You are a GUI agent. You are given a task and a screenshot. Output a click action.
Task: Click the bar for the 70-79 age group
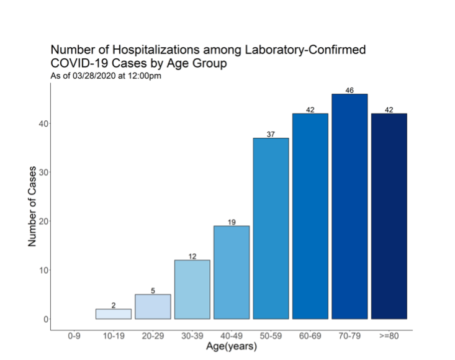click(349, 206)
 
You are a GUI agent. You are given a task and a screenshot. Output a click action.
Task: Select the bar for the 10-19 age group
click(114, 314)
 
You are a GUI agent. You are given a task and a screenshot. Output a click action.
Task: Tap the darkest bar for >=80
click(389, 216)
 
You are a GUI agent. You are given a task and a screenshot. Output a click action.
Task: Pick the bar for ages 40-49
click(232, 272)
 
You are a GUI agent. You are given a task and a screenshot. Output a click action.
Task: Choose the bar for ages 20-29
click(153, 307)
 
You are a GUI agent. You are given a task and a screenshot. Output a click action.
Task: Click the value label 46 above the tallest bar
click(349, 90)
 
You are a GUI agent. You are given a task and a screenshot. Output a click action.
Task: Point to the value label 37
click(271, 134)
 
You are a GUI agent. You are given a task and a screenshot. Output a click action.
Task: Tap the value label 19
click(232, 222)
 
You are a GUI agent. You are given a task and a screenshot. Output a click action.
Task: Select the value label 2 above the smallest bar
click(114, 305)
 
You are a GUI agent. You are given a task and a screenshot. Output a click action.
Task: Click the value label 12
click(192, 256)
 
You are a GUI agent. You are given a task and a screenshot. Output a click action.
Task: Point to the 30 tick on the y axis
click(43, 173)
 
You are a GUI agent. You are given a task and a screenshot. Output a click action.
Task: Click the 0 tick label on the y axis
click(46, 320)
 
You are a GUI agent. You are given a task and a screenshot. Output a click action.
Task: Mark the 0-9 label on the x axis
click(74, 336)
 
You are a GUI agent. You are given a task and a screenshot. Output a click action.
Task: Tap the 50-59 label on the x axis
click(271, 336)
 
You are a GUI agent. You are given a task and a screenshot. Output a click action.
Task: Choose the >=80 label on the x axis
click(389, 336)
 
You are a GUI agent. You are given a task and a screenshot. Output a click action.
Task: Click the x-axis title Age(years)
click(232, 346)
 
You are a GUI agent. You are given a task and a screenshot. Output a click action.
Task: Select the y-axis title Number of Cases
click(32, 206)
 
